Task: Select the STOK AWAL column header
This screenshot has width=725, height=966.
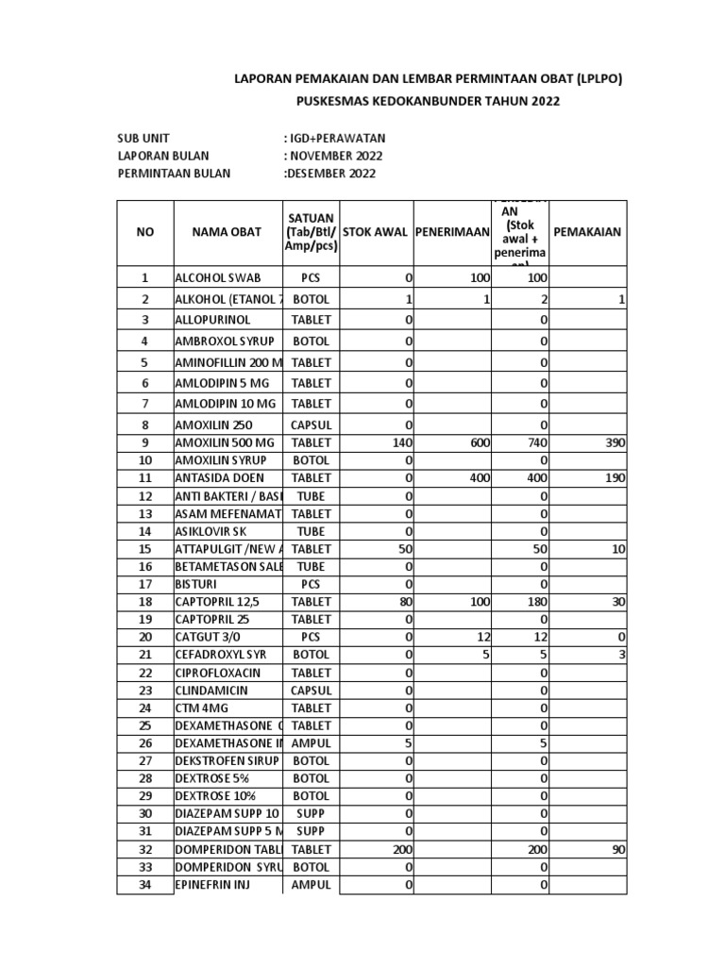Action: [377, 232]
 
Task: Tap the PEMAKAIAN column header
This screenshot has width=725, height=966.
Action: [587, 232]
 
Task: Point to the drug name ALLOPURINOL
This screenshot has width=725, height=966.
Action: [212, 320]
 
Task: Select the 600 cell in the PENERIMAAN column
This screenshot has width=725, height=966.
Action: [480, 443]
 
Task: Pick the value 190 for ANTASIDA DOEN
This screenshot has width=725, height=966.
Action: [615, 478]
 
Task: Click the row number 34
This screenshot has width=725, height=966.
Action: [144, 884]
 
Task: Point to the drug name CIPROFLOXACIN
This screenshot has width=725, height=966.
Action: [217, 673]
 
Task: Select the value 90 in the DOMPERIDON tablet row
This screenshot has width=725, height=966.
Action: [617, 850]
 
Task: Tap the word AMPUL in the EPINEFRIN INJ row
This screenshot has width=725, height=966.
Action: [312, 884]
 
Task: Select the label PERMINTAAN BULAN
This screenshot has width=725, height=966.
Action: [174, 174]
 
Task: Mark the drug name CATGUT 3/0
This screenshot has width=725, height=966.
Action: [206, 638]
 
